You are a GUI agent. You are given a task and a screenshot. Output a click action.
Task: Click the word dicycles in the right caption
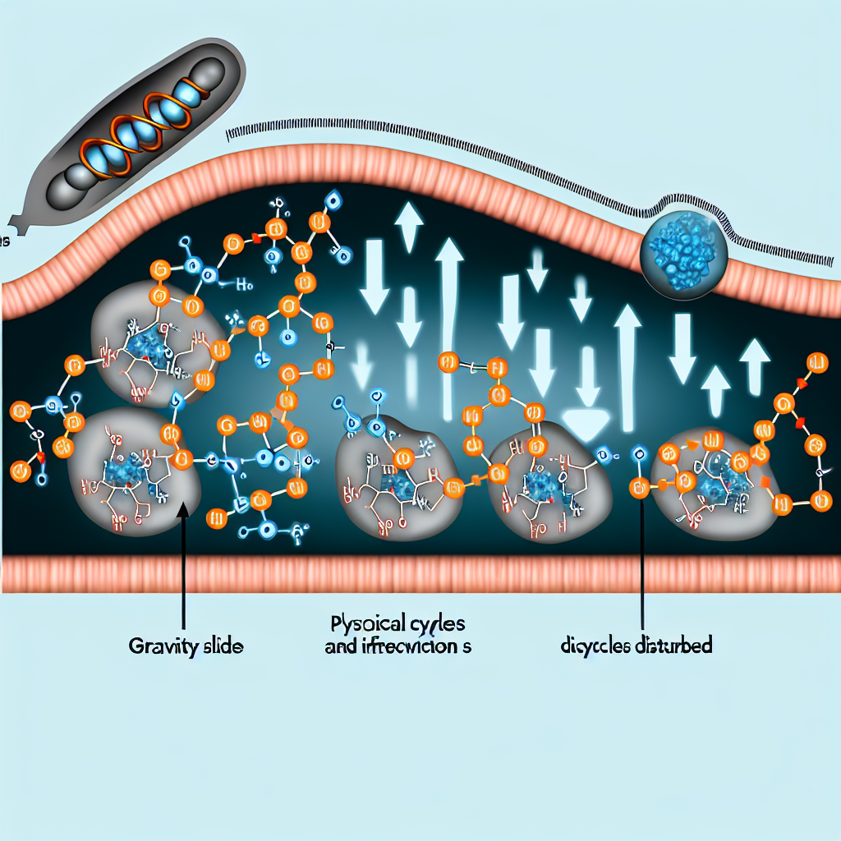pyautogui.click(x=596, y=646)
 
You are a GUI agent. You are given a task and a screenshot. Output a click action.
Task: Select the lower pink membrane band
pyautogui.click(x=420, y=572)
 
